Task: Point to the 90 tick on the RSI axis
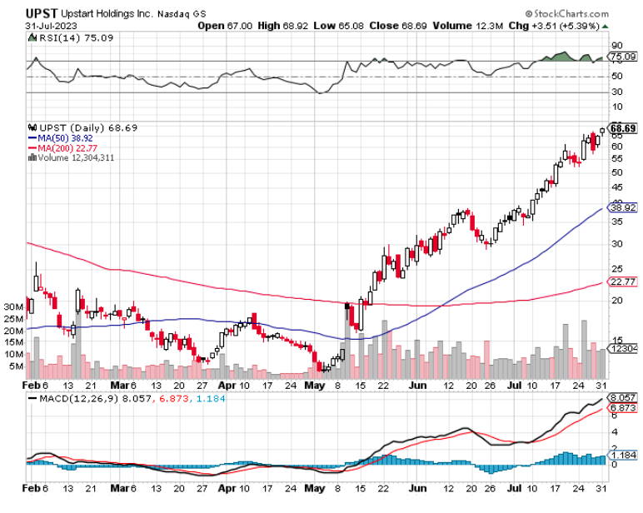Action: coord(617,46)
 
